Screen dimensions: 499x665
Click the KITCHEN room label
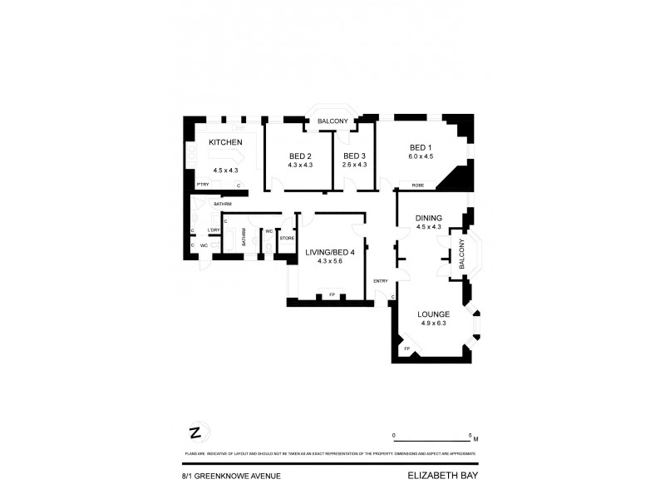(225, 143)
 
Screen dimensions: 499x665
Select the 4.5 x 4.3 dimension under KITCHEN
(225, 170)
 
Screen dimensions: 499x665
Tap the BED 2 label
(300, 156)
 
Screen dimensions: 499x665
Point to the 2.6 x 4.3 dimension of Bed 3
(354, 165)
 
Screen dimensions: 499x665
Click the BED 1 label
(421, 147)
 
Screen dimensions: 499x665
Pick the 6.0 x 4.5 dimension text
(421, 156)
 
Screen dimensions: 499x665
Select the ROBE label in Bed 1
(407, 185)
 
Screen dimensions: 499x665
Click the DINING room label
(428, 218)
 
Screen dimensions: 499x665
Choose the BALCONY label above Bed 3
(332, 122)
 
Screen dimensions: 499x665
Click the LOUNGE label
(433, 314)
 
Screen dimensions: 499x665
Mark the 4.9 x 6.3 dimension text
(433, 324)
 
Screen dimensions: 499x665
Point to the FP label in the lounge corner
(407, 349)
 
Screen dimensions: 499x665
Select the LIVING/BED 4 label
(330, 252)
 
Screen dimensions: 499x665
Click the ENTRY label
(381, 280)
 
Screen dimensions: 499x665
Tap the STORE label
(287, 239)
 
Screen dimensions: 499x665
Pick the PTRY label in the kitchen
(202, 185)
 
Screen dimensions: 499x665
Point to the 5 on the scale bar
(471, 435)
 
